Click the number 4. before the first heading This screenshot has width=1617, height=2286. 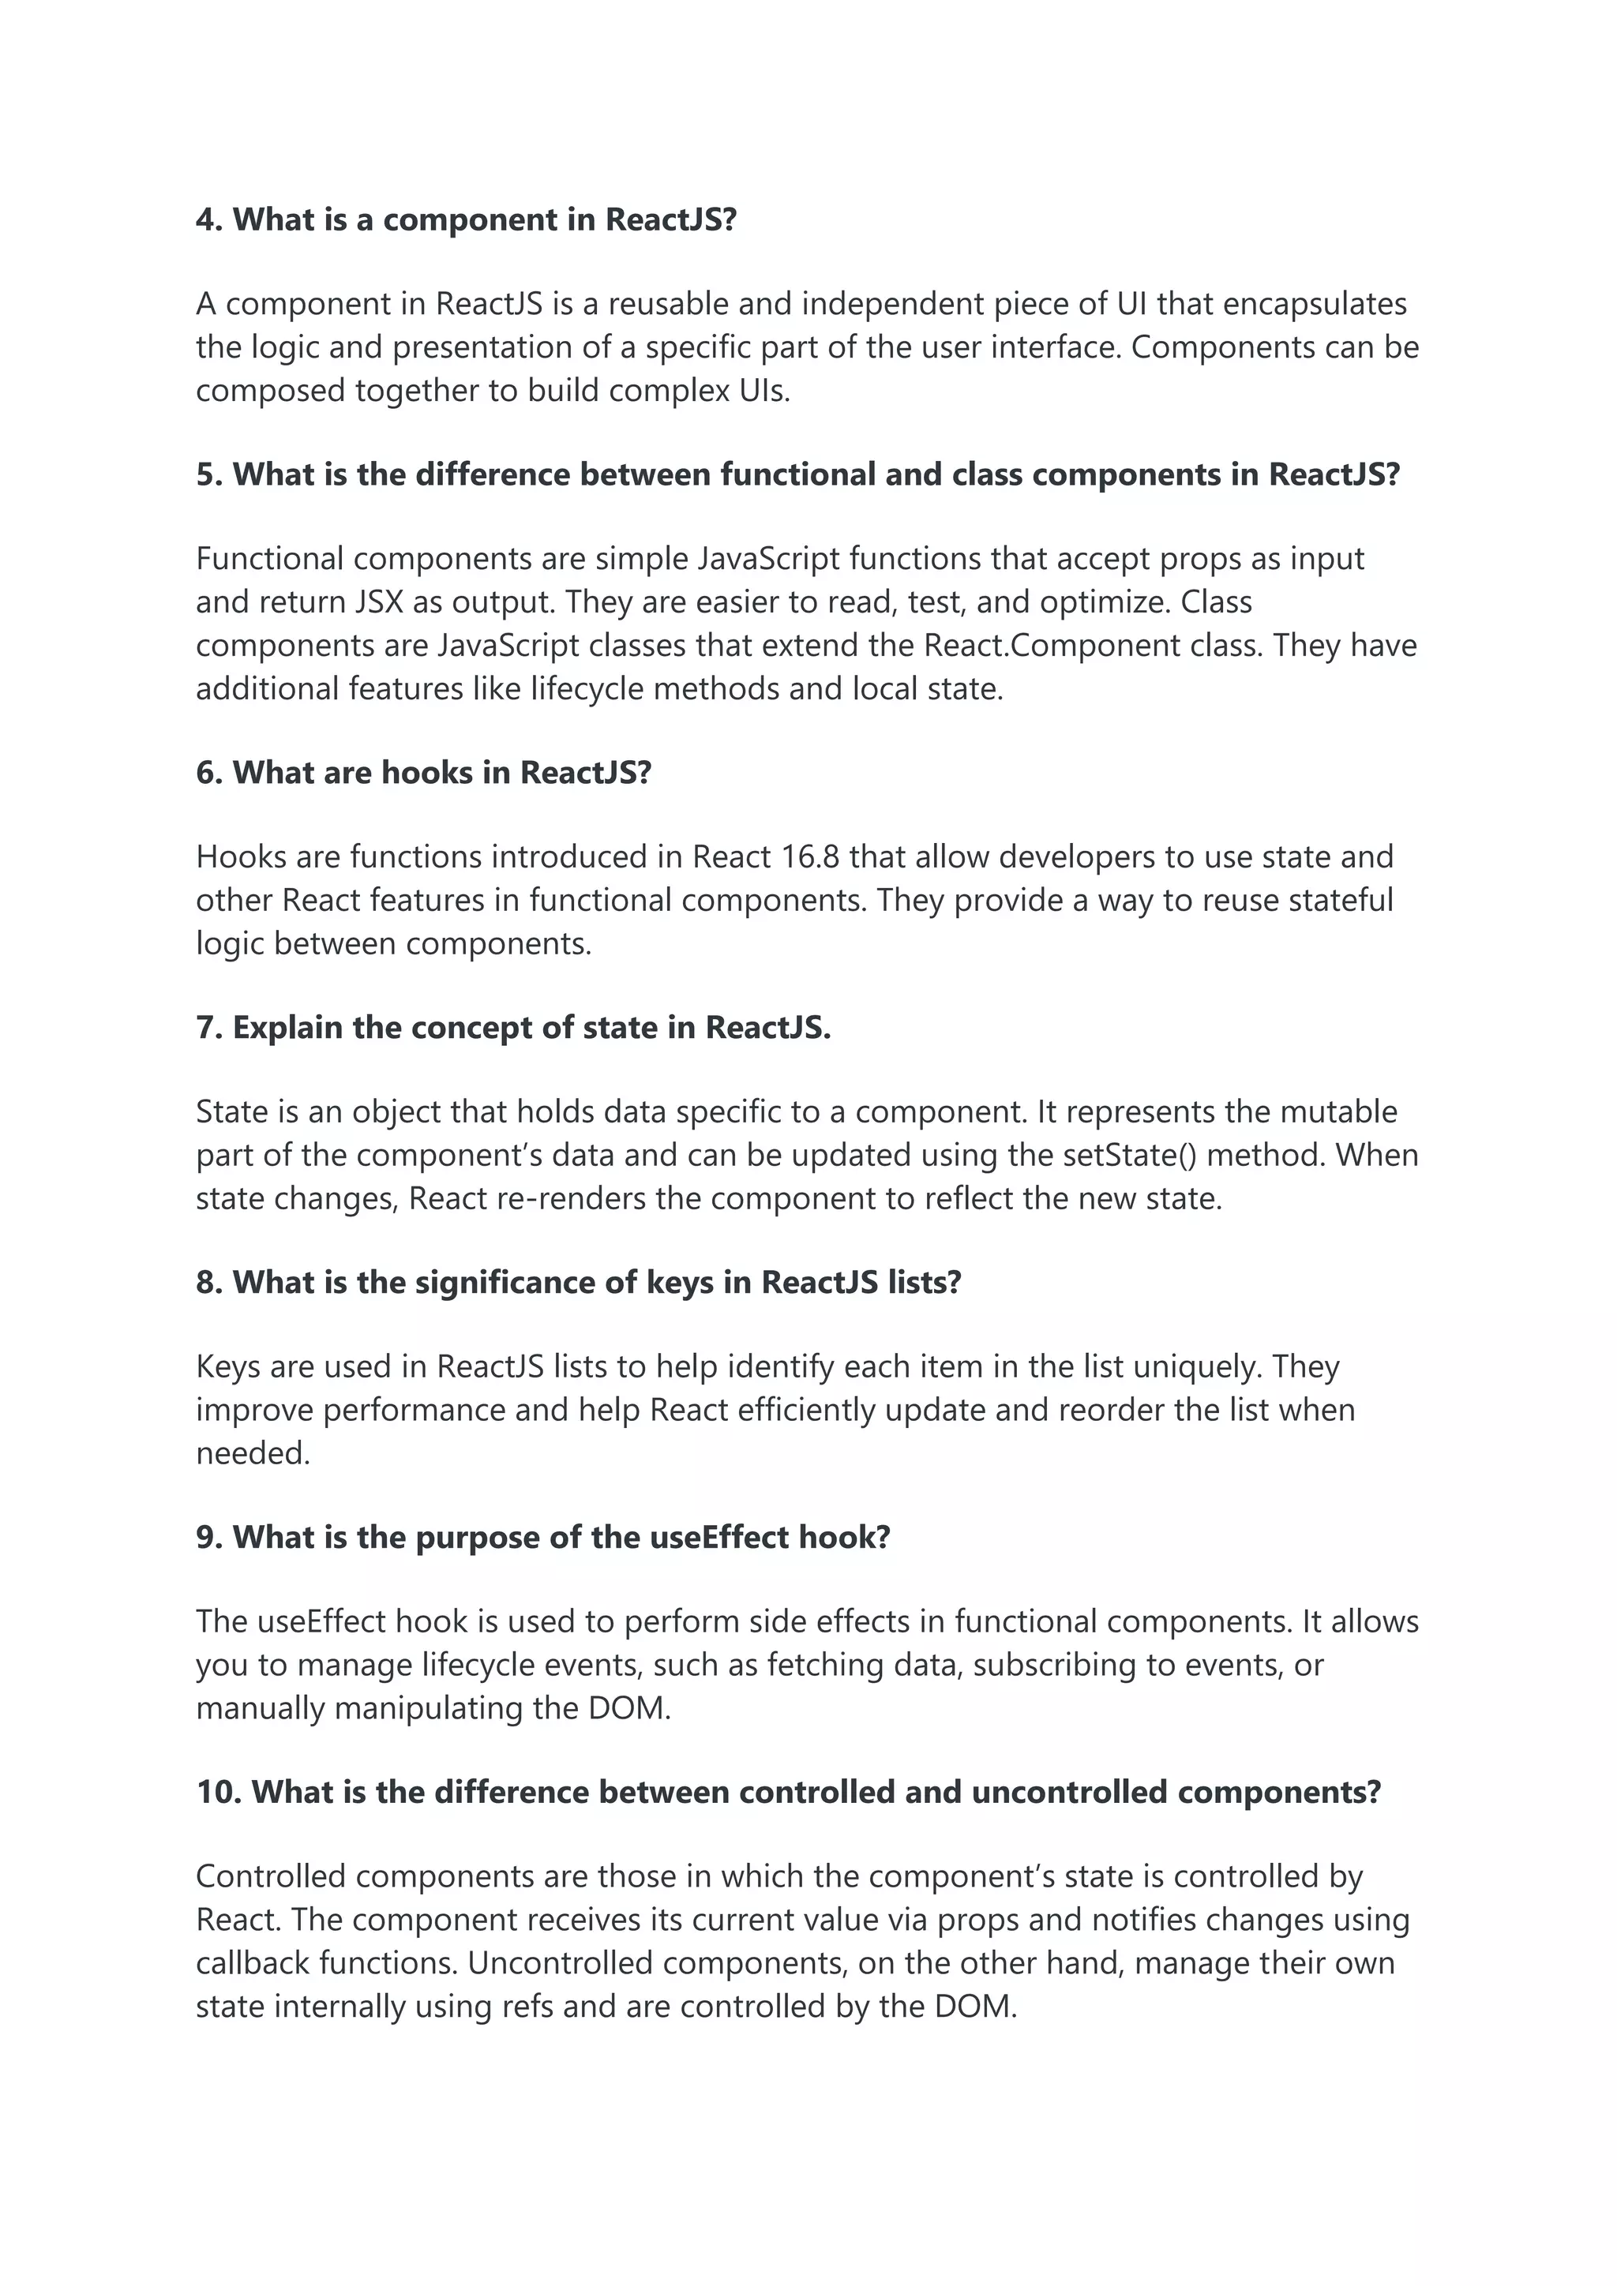[209, 220]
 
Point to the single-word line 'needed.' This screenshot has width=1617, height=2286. [253, 1454]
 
